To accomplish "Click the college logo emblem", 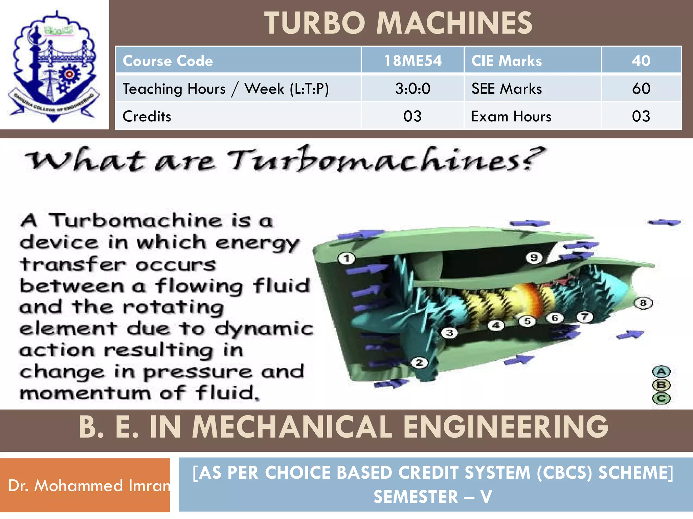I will (54, 66).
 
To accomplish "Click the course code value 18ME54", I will (412, 61).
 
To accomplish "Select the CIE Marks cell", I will (507, 61).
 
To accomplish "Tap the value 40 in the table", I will (641, 61).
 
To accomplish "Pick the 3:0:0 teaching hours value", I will (412, 89).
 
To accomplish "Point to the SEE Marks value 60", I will (641, 89).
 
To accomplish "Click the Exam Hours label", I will (511, 116).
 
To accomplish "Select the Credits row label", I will (147, 116).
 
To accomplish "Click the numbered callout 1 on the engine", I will (346, 259).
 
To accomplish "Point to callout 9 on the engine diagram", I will (534, 258).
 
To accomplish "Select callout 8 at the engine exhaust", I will (643, 303).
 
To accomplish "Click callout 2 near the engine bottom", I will (419, 363).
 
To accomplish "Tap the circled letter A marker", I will (661, 372).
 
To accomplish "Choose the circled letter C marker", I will (661, 398).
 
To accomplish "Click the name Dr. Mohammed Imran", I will (89, 486).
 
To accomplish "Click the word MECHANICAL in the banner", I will (292, 427).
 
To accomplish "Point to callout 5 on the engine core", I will (527, 321).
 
